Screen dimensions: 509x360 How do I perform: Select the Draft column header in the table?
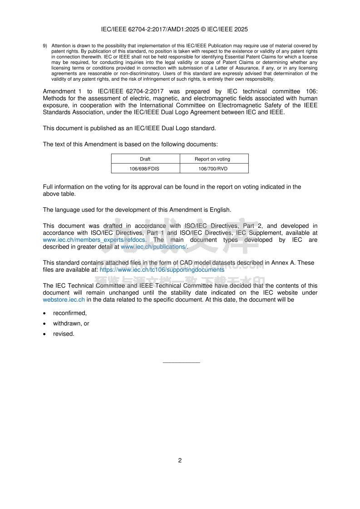[x=145, y=159]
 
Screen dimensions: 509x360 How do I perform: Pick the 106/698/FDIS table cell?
[x=145, y=169]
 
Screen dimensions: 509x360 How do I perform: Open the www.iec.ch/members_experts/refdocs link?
[x=94, y=240]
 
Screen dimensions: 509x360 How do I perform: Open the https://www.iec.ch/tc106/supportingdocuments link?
[x=162, y=269]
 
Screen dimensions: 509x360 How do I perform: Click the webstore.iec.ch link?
[x=64, y=300]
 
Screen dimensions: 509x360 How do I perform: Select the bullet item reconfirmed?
[x=69, y=313]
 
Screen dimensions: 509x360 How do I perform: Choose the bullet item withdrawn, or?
[x=71, y=323]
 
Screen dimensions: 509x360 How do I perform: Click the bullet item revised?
[x=63, y=334]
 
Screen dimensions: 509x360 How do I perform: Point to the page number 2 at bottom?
[x=180, y=460]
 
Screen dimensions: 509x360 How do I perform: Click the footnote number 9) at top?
[x=45, y=46]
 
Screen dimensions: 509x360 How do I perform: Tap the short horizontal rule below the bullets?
[x=181, y=362]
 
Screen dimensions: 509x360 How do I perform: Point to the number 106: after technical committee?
[x=311, y=92]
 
